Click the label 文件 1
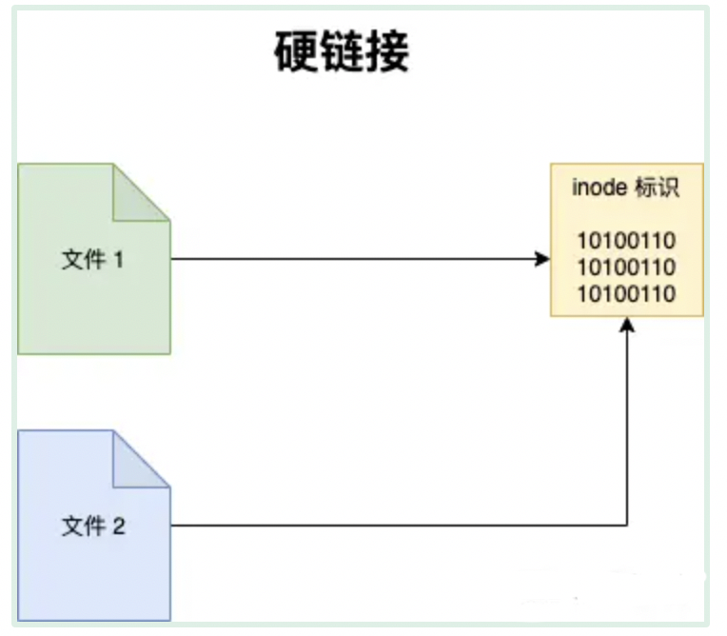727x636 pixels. pyautogui.click(x=93, y=259)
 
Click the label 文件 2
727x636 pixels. pyautogui.click(x=93, y=526)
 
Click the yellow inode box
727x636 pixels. pyautogui.click(x=627, y=240)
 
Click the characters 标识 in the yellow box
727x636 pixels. pyautogui.click(x=656, y=188)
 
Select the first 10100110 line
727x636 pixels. pyautogui.click(x=627, y=239)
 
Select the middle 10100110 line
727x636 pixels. pyautogui.click(x=627, y=267)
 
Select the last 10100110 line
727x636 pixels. pyautogui.click(x=627, y=293)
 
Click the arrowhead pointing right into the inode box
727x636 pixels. pyautogui.click(x=543, y=259)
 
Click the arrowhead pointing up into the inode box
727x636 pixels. pyautogui.click(x=627, y=325)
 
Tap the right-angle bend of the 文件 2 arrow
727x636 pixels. pyautogui.click(x=627, y=525)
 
